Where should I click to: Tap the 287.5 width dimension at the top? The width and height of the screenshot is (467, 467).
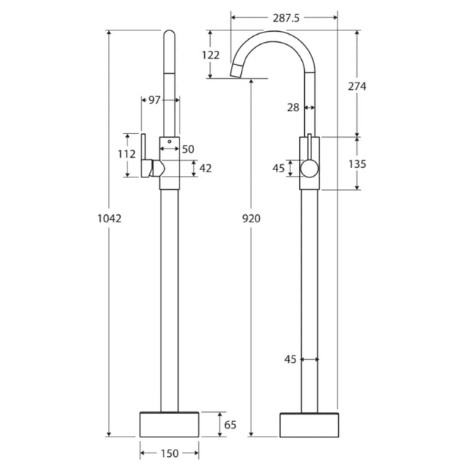click(x=285, y=20)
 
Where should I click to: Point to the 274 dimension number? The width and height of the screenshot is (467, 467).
click(x=357, y=86)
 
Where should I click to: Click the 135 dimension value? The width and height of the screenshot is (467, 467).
click(x=357, y=164)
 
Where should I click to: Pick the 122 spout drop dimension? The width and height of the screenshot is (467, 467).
click(x=210, y=55)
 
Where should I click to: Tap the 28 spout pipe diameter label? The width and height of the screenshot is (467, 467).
click(x=293, y=107)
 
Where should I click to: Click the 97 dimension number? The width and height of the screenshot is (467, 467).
click(x=153, y=101)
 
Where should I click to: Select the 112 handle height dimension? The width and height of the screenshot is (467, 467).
click(x=127, y=154)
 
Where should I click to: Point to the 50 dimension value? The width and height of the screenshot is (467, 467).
click(x=188, y=149)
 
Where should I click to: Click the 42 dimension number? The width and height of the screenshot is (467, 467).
click(x=205, y=168)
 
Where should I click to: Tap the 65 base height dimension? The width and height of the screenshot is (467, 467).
click(x=230, y=424)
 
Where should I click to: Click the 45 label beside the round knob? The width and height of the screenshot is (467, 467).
click(x=278, y=169)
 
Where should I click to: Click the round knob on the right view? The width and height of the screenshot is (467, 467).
click(x=309, y=169)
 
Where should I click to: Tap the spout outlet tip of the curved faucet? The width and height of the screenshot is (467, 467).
click(x=235, y=71)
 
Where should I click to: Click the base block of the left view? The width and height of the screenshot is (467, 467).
click(x=168, y=424)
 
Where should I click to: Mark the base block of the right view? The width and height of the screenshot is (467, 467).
click(x=310, y=424)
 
